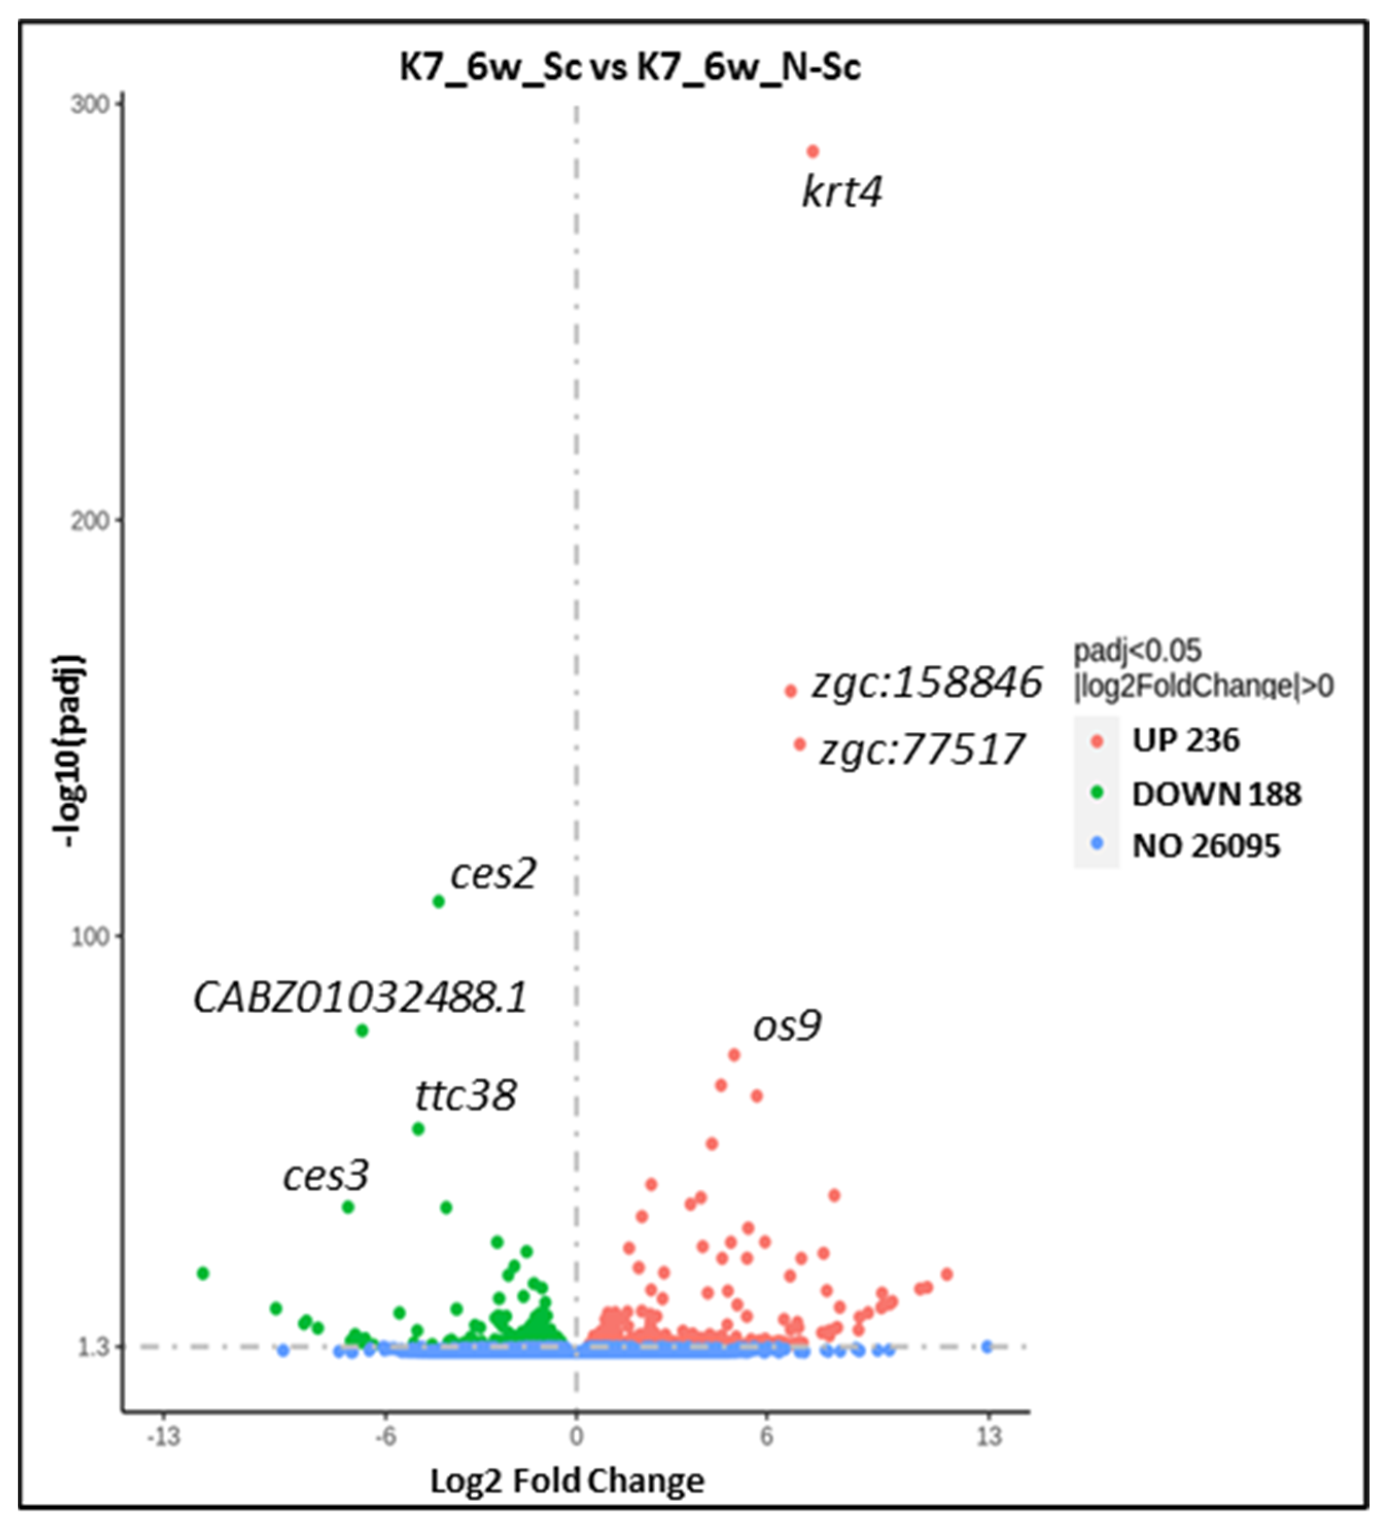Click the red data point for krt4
[812, 152]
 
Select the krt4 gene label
[842, 191]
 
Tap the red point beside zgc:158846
[791, 691]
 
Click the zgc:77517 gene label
[921, 750]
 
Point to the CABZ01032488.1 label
[361, 998]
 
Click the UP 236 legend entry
[1185, 741]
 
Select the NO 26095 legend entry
[1205, 847]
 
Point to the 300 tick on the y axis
[91, 104]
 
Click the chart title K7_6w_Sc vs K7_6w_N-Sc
[630, 68]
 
